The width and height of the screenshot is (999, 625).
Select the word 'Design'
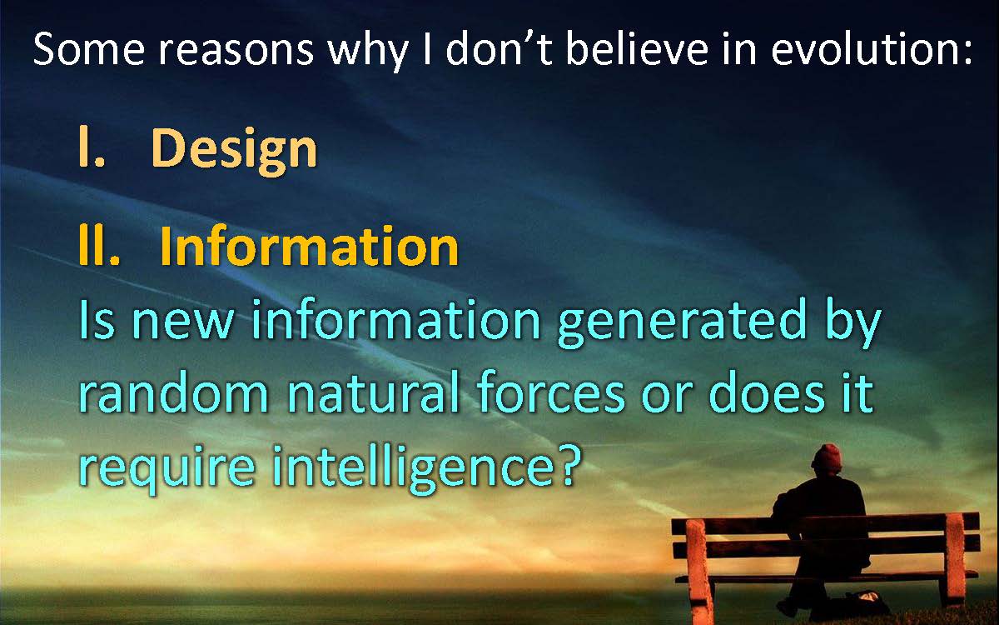click(x=235, y=151)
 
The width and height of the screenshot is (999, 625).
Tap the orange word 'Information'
click(x=309, y=246)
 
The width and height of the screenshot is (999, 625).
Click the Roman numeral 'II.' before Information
click(x=99, y=246)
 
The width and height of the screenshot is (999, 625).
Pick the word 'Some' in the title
click(x=89, y=48)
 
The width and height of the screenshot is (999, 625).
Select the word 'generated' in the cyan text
click(x=682, y=323)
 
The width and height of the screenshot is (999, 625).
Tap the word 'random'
click(x=174, y=392)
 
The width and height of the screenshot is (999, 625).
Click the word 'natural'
click(x=374, y=392)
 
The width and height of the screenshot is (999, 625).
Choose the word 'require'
click(x=167, y=467)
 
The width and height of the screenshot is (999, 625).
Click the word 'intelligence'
click(x=413, y=467)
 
